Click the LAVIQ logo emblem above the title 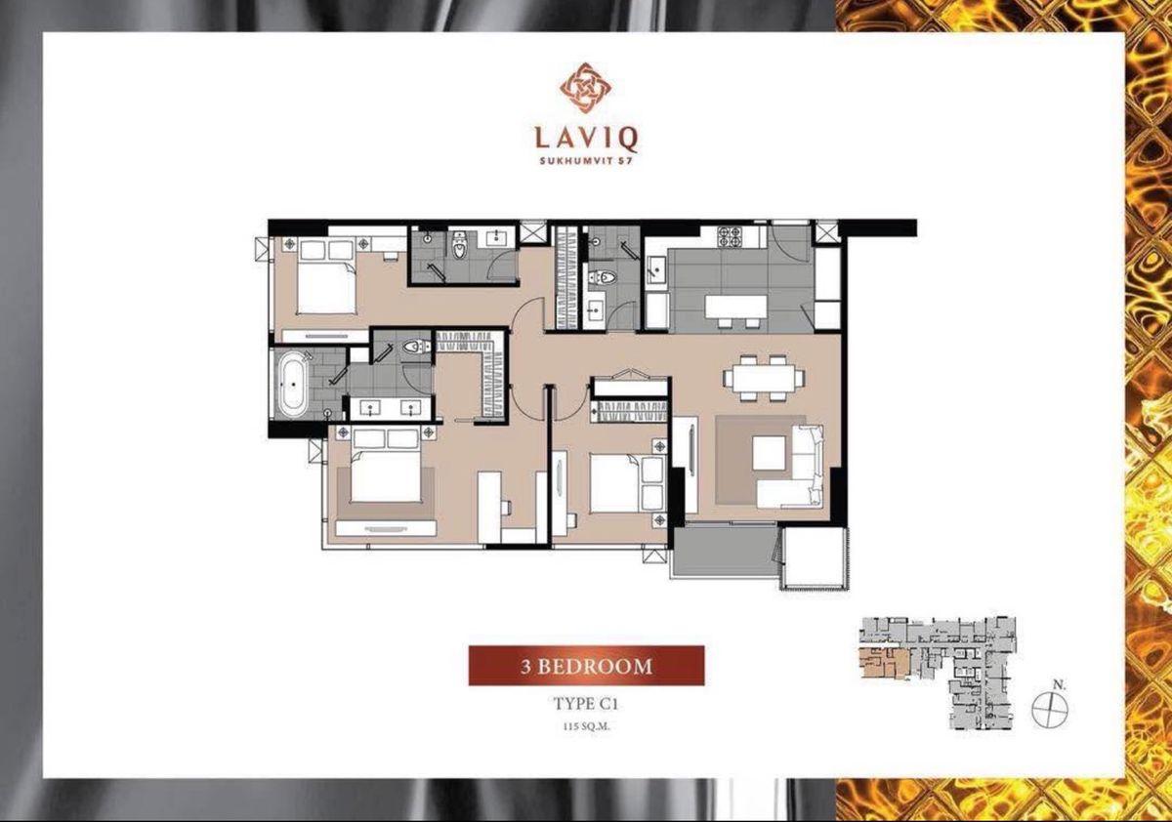[585, 88]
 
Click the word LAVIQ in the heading [586, 138]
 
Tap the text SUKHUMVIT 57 [586, 161]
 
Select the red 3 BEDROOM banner [586, 666]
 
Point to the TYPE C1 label [586, 704]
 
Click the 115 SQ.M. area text [586, 726]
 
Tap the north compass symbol [1049, 708]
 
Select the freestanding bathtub [292, 385]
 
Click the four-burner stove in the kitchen [729, 236]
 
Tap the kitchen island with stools [735, 308]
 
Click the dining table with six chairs [764, 378]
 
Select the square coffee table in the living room [770, 453]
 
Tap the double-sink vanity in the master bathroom [391, 408]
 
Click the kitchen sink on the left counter [656, 269]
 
